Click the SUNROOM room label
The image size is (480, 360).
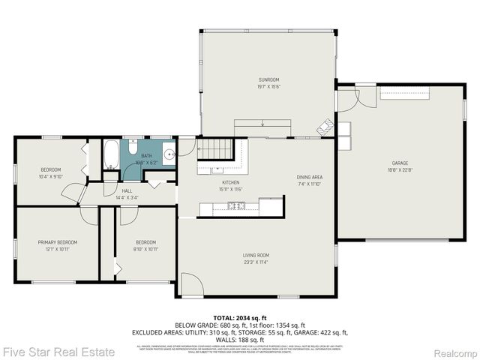(x=268, y=79)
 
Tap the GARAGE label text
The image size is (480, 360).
(x=399, y=163)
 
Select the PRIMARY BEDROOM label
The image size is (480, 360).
(x=58, y=242)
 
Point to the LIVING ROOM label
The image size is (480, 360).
(x=256, y=255)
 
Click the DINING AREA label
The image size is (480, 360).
(x=308, y=176)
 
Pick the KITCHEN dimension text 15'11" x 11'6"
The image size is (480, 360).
(x=232, y=189)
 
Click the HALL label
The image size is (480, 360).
(x=127, y=191)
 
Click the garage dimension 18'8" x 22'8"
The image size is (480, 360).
(x=399, y=169)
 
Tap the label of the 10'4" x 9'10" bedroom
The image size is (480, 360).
(x=51, y=169)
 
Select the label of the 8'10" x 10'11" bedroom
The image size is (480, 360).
(x=145, y=242)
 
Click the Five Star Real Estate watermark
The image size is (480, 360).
(x=58, y=351)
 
